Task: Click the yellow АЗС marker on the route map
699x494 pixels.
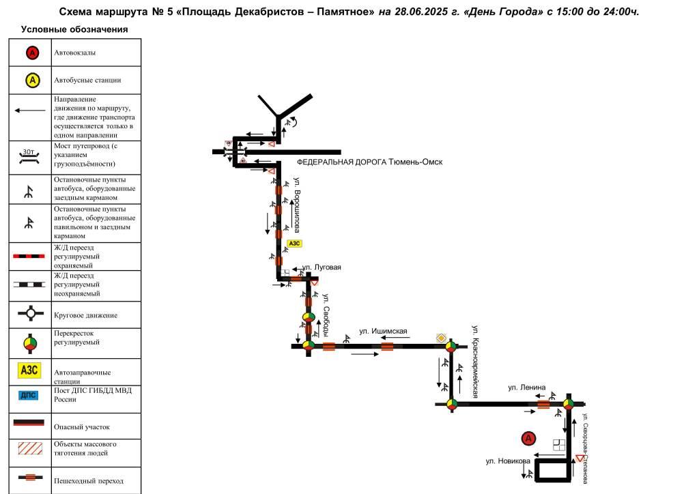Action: click(x=294, y=243)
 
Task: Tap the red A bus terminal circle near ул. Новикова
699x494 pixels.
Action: click(x=528, y=439)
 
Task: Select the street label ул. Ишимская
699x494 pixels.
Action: click(x=383, y=331)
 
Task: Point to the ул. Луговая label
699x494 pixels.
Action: click(x=322, y=267)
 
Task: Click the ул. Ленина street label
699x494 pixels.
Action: click(x=526, y=388)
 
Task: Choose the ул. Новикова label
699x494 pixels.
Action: click(x=508, y=461)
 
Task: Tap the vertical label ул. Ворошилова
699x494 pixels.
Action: click(x=297, y=205)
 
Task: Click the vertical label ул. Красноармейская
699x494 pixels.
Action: click(x=475, y=362)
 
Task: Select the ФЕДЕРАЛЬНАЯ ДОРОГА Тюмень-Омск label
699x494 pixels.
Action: click(x=369, y=162)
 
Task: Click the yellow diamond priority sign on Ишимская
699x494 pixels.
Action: click(x=441, y=338)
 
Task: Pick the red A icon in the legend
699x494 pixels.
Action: click(x=32, y=53)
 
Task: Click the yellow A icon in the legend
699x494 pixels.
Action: click(x=32, y=81)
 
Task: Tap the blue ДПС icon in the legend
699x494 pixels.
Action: click(x=29, y=395)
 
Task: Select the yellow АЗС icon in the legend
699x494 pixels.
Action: click(x=29, y=370)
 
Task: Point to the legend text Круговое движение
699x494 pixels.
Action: click(x=85, y=315)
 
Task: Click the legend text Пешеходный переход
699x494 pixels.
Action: click(x=89, y=481)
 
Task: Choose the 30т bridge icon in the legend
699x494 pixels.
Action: click(x=29, y=156)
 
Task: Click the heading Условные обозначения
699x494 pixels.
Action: click(x=74, y=29)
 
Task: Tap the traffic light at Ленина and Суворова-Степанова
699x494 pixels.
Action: click(x=569, y=405)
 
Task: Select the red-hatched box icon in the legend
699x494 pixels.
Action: click(x=30, y=448)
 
